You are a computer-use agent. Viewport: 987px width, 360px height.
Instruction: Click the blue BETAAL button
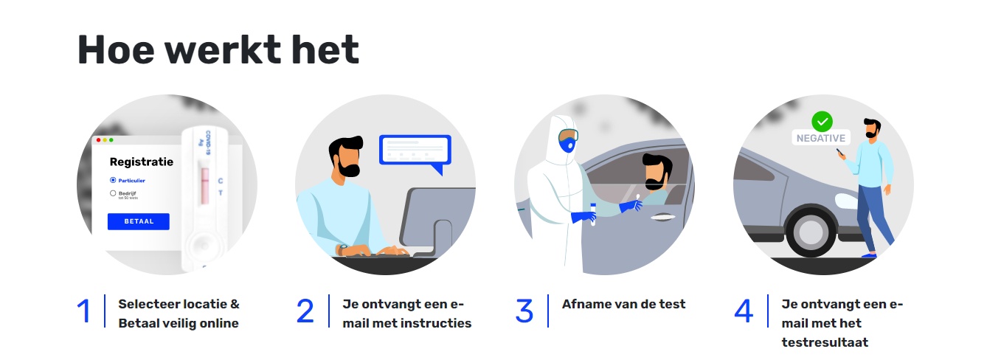pyautogui.click(x=139, y=221)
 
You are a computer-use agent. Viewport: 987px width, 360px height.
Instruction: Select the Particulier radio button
pyautogui.click(x=113, y=180)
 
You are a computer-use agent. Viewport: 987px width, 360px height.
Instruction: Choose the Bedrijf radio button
pyautogui.click(x=113, y=193)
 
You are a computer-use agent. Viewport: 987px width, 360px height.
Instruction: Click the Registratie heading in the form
pyautogui.click(x=142, y=162)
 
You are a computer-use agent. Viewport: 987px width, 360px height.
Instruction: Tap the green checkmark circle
pyautogui.click(x=822, y=121)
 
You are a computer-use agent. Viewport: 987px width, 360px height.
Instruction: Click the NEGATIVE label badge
pyautogui.click(x=821, y=138)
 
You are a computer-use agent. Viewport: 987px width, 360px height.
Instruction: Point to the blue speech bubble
pyautogui.click(x=415, y=152)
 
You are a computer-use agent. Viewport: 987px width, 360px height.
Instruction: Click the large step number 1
pyautogui.click(x=83, y=311)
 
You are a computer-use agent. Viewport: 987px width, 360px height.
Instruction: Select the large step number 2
pyautogui.click(x=305, y=311)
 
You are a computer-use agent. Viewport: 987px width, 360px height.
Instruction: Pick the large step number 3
pyautogui.click(x=524, y=311)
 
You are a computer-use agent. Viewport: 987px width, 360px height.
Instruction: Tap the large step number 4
pyautogui.click(x=744, y=311)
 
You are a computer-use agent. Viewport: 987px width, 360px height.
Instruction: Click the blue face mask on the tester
pyautogui.click(x=567, y=144)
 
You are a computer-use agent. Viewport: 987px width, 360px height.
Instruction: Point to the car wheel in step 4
pyautogui.click(x=811, y=232)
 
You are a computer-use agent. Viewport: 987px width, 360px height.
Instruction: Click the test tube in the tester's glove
pyautogui.click(x=593, y=214)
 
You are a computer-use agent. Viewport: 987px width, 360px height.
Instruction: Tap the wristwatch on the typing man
pyautogui.click(x=342, y=249)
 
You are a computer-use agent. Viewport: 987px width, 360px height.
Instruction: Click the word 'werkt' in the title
pyautogui.click(x=223, y=49)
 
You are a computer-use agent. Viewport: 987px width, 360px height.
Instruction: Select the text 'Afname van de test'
pyautogui.click(x=623, y=304)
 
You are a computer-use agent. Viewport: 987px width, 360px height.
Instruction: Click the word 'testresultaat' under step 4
pyautogui.click(x=825, y=342)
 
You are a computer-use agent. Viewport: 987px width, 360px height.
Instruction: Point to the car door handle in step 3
pyautogui.click(x=665, y=217)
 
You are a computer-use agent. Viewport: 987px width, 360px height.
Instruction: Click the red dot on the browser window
pyautogui.click(x=98, y=140)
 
